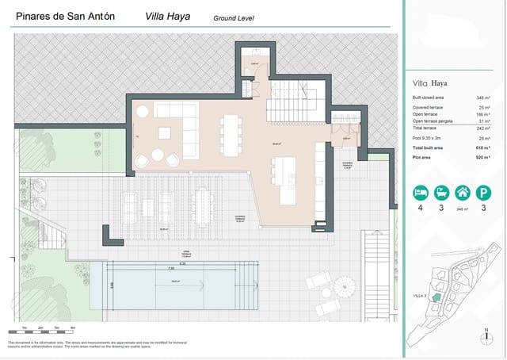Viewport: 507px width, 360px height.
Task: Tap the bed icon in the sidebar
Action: point(421,193)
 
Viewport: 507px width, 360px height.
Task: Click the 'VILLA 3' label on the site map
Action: point(420,296)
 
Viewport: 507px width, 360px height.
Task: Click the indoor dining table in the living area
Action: point(231,136)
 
